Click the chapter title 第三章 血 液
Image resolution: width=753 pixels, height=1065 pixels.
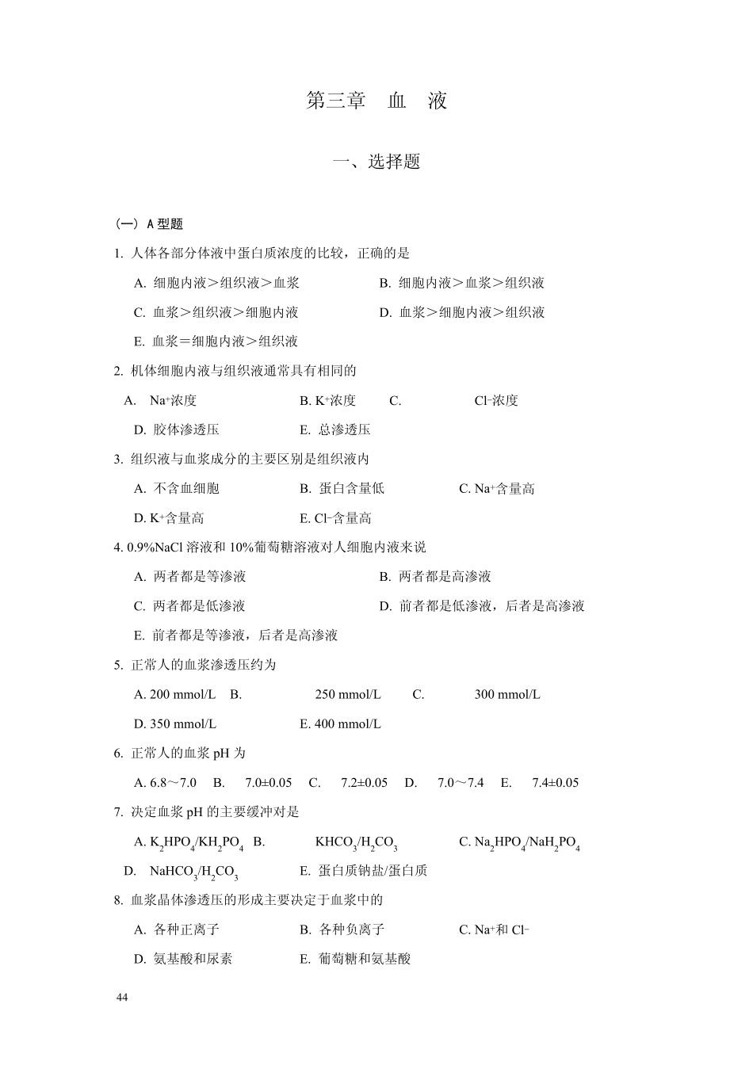coord(376,101)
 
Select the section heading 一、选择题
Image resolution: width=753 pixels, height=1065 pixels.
coord(376,162)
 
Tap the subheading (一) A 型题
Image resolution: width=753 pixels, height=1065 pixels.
coord(150,224)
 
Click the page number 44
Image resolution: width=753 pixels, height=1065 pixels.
coord(121,998)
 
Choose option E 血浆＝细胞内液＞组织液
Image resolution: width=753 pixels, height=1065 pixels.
coord(216,342)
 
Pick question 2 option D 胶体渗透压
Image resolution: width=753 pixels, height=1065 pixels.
coord(177,429)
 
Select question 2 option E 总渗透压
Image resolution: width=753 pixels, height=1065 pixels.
coord(335,429)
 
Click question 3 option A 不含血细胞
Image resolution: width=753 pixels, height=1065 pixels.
coord(177,489)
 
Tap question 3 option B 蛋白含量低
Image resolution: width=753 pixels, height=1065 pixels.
coord(342,489)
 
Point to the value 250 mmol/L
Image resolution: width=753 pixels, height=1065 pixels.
coord(348,695)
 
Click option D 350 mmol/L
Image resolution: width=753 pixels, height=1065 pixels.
coord(175,724)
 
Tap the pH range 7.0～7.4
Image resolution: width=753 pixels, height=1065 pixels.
coord(461,783)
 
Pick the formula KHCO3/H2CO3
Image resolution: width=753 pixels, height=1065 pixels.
coord(356,843)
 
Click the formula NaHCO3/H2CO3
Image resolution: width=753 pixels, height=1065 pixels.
coord(194,872)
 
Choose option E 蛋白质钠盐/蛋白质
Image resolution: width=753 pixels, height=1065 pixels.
coord(364,871)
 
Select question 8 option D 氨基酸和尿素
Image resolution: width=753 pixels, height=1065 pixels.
coord(183,959)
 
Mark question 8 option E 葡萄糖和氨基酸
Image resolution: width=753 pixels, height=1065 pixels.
coord(356,959)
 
